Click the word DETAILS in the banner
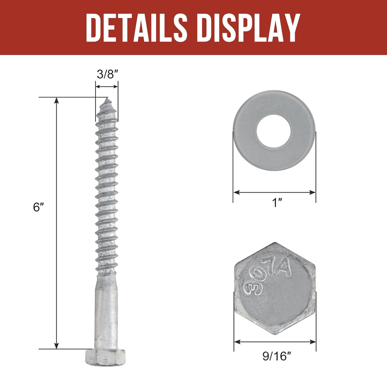coord(137,27)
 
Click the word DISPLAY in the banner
coord(249,27)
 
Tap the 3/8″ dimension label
coord(107,74)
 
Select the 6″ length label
coord(38,207)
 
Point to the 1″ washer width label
coord(277,203)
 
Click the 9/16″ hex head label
coord(277,356)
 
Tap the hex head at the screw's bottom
coord(105,357)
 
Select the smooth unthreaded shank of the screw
coord(106,312)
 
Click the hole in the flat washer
coord(274,131)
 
